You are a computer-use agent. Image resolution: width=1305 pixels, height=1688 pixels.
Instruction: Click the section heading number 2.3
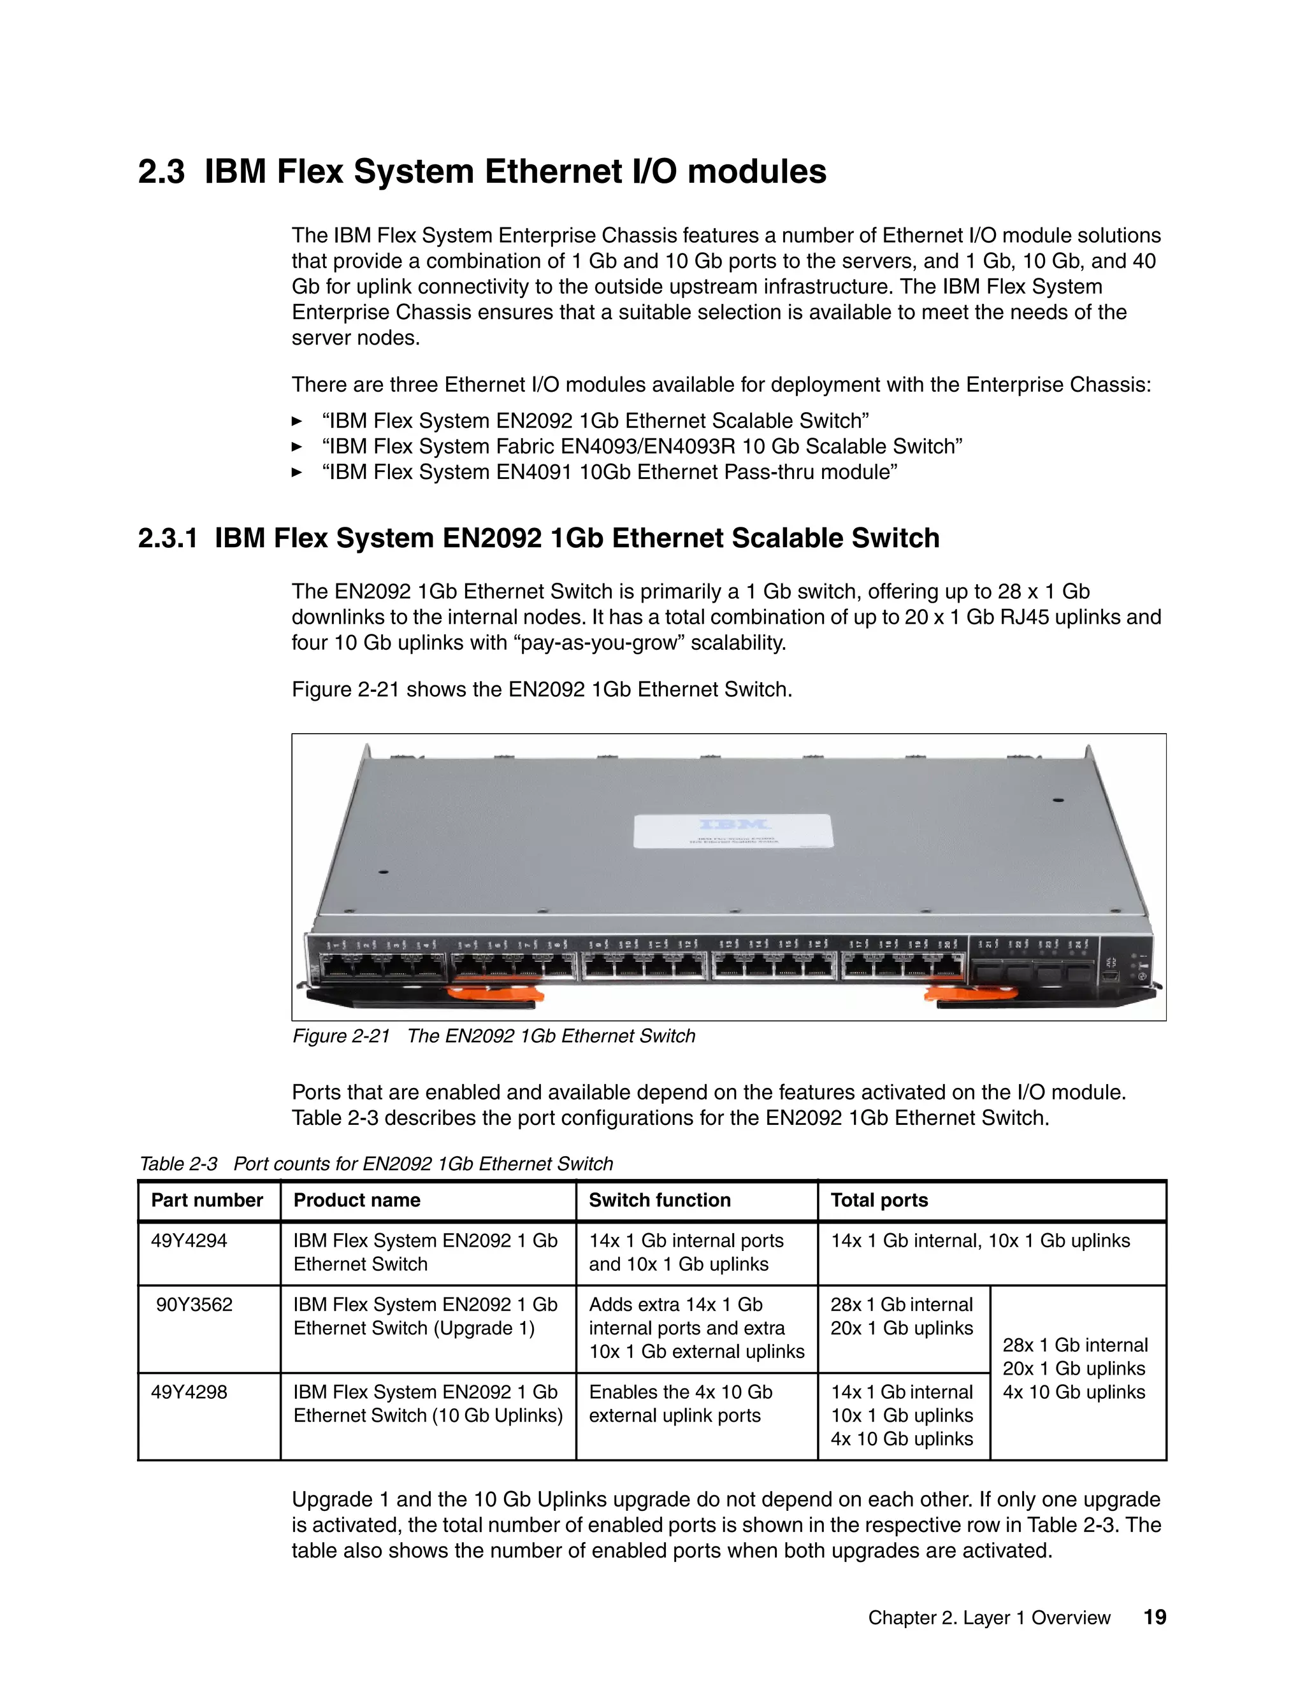tap(161, 171)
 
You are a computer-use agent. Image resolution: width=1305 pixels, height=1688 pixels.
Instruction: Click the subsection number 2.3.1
tap(168, 538)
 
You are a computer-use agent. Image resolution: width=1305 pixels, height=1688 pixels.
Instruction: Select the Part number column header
tap(207, 1200)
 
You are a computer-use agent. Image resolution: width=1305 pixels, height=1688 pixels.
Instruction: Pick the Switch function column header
tap(660, 1200)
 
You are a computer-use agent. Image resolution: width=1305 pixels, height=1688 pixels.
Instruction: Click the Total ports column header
tap(879, 1200)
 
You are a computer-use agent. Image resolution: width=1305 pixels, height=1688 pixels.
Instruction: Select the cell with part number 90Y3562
tap(194, 1305)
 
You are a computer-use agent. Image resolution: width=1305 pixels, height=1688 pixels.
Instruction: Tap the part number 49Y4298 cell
tap(189, 1392)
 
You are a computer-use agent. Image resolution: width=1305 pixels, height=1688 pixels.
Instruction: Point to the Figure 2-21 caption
tap(493, 1036)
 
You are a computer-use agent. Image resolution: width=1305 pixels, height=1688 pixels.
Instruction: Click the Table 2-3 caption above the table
tap(376, 1164)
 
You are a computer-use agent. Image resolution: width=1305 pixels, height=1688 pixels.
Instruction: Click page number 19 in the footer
tap(1154, 1618)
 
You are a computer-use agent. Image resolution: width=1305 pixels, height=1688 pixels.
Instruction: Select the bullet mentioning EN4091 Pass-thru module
tap(609, 472)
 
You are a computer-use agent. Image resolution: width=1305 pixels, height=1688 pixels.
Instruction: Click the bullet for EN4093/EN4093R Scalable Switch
tap(642, 447)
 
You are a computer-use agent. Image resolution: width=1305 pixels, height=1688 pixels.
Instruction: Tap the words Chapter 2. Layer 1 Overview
tap(989, 1619)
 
